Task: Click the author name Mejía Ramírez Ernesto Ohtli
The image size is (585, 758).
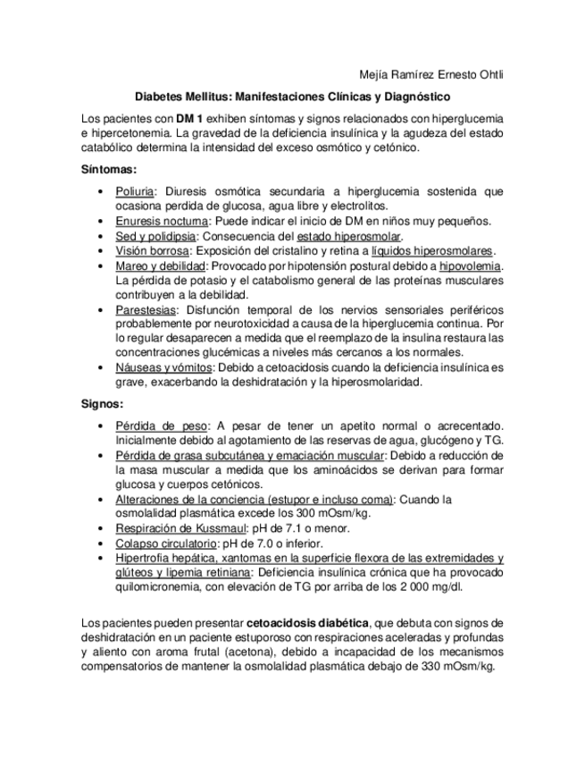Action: tap(430, 74)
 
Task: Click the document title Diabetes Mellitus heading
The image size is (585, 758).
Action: tap(292, 96)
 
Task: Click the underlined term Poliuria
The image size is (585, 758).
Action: tap(136, 191)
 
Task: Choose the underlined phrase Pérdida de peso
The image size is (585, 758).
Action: tap(162, 425)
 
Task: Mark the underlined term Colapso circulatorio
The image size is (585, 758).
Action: tap(166, 543)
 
